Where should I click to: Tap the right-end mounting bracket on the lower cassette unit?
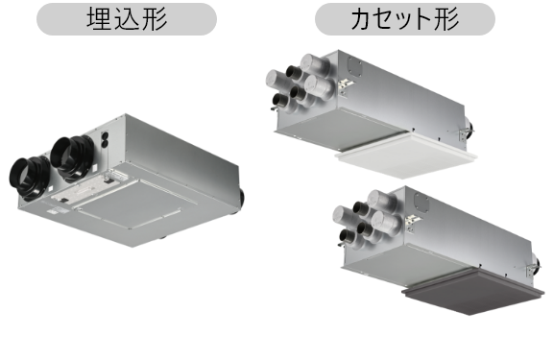534,268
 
